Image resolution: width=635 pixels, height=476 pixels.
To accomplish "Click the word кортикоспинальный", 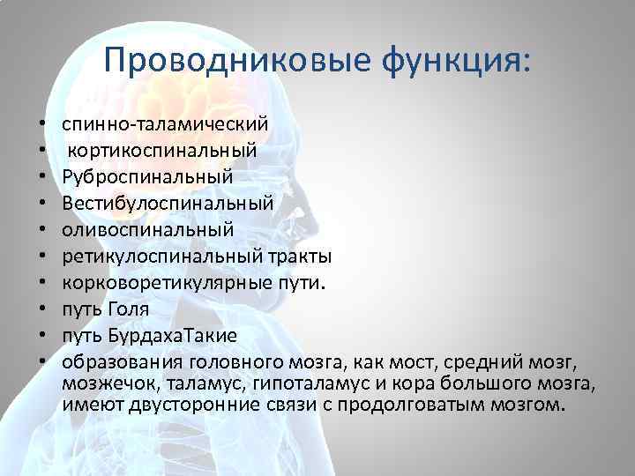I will click(x=163, y=149).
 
